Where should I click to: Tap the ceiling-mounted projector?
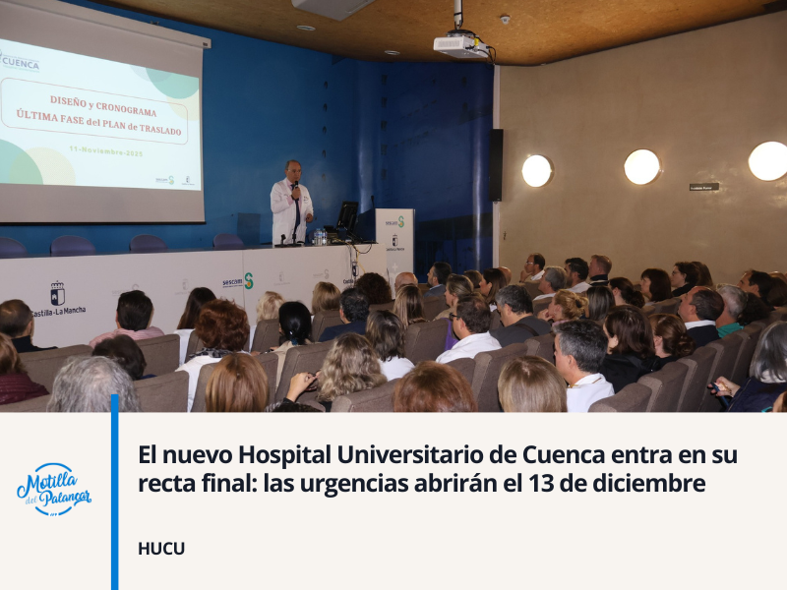459,44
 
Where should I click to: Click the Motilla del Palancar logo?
54,489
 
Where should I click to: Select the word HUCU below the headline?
161,549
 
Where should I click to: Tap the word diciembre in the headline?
657,484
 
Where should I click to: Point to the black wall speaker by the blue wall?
496,164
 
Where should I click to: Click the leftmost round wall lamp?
537,171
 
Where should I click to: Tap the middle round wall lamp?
641,167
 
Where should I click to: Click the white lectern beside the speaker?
395,242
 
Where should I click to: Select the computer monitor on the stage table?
347,216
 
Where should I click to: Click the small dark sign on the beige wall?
703,186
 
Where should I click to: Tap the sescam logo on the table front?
237,282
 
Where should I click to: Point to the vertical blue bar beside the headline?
115,492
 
